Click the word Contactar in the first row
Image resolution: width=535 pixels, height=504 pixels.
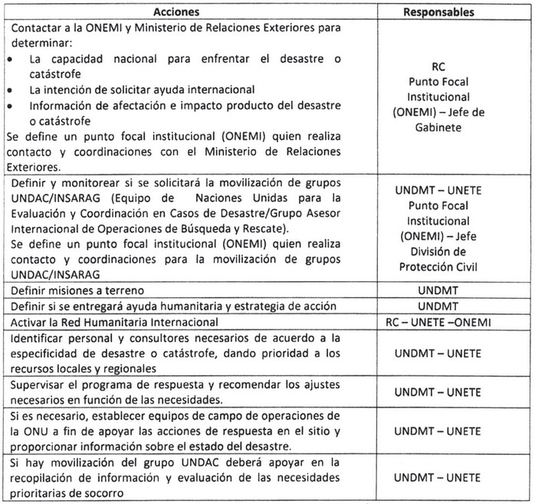(x=34, y=28)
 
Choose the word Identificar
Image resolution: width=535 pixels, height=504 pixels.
(x=36, y=337)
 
